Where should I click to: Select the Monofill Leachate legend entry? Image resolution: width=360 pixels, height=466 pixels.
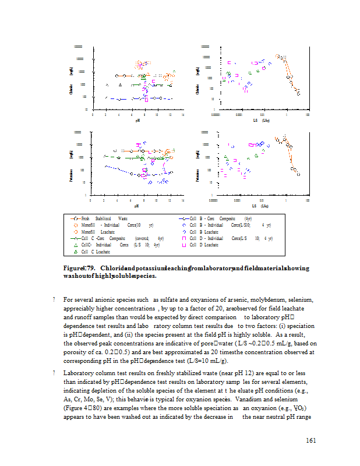click(x=97, y=231)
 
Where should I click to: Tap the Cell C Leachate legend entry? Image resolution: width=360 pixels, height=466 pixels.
click(x=97, y=252)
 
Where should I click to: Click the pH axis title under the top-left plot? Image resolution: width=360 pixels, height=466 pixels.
click(x=137, y=121)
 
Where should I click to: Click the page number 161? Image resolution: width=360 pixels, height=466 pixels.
click(x=310, y=440)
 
